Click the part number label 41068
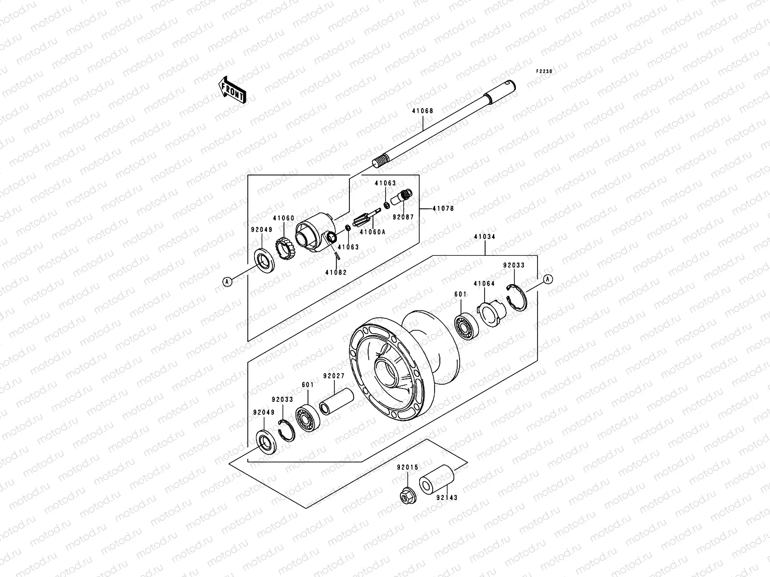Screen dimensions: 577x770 (x=422, y=111)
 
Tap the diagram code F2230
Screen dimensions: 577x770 (x=545, y=71)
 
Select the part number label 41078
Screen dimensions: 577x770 (x=443, y=209)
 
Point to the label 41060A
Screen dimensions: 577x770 (x=372, y=232)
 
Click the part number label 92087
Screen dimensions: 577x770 (x=403, y=217)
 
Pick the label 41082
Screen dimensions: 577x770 (x=335, y=272)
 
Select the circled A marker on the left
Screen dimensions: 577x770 (x=228, y=282)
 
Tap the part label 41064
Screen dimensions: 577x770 (x=484, y=284)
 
